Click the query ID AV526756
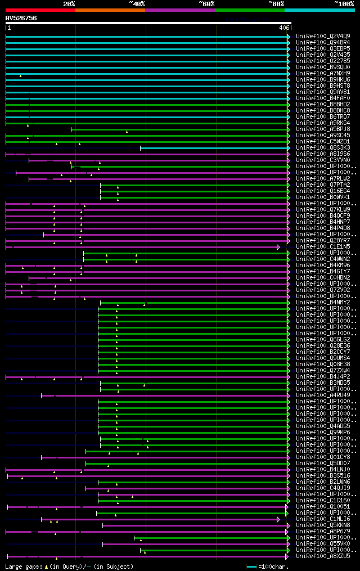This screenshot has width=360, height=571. click(21, 18)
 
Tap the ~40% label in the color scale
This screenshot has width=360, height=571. click(137, 4)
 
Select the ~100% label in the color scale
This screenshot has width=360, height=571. click(344, 4)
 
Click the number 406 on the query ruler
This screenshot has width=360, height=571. click(284, 28)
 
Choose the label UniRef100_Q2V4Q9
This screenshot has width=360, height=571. click(323, 36)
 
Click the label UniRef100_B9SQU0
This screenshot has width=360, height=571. click(323, 67)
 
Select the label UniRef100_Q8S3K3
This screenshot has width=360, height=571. click(323, 147)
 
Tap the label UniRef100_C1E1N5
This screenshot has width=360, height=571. click(323, 246)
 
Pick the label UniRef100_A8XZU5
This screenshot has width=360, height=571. click(323, 556)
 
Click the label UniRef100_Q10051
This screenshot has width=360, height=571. click(323, 506)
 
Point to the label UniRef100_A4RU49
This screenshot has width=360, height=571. click(323, 395)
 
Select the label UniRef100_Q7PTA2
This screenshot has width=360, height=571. click(323, 185)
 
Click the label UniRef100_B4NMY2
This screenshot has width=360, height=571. click(323, 302)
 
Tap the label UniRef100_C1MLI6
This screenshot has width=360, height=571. click(323, 519)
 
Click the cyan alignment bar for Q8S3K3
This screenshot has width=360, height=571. click(214, 148)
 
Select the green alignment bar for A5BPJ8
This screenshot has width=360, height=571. click(180, 129)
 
